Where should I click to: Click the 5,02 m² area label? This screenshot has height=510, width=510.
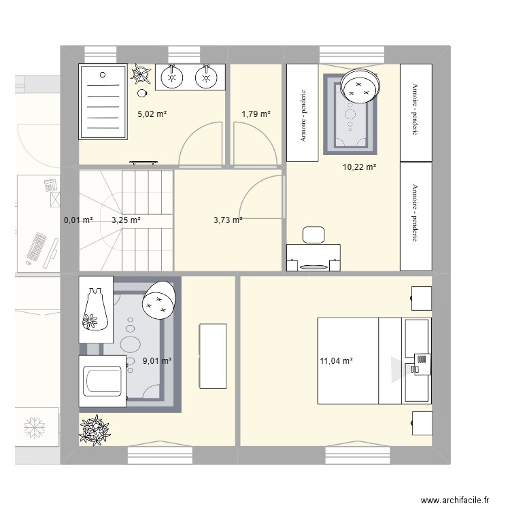(x=152, y=114)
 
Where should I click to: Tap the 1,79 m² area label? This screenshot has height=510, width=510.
(x=256, y=114)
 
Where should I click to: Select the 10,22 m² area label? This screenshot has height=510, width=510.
(x=360, y=167)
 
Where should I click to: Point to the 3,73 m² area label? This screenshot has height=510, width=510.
(x=228, y=220)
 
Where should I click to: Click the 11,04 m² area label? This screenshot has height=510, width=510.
(x=337, y=360)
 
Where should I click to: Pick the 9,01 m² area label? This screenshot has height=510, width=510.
(x=157, y=360)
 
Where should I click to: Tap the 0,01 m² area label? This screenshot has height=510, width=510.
(x=78, y=220)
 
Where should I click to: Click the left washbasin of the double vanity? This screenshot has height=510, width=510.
(x=172, y=77)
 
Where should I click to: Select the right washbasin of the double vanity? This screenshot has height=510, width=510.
(x=206, y=77)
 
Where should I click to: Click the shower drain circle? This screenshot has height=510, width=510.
(x=103, y=75)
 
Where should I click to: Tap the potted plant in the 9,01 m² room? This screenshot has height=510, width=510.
(x=95, y=430)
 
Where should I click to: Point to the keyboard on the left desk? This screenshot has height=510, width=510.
(x=36, y=247)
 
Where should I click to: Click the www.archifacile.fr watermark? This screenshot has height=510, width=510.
(x=455, y=500)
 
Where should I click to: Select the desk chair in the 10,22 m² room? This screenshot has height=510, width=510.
(x=313, y=235)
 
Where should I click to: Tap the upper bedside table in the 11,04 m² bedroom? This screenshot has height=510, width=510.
(x=421, y=299)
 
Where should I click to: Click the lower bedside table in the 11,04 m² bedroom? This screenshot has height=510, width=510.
(x=422, y=423)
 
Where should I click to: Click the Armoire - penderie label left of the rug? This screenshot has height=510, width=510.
(x=303, y=116)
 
